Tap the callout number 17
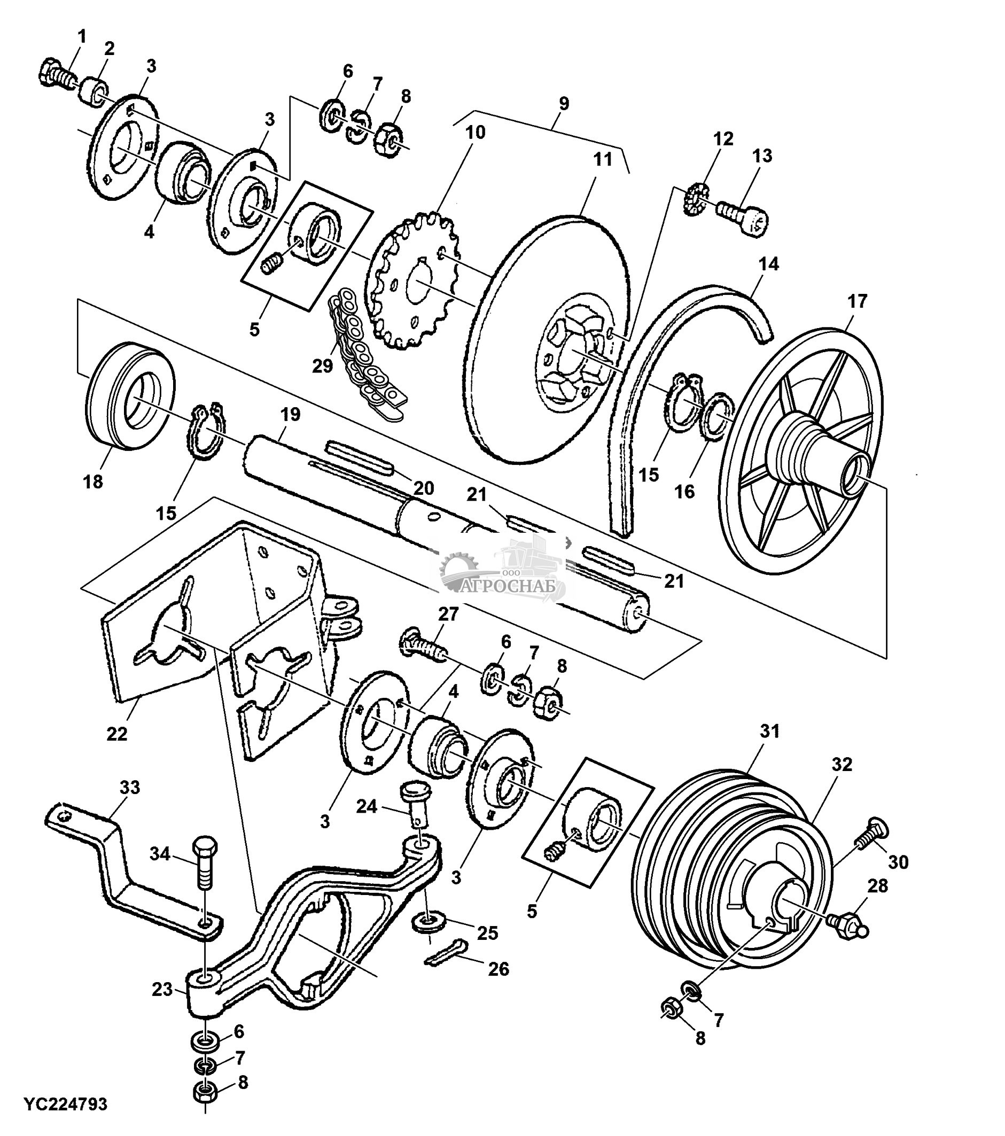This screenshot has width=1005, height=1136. coord(856,301)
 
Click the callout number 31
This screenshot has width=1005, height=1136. coord(770,732)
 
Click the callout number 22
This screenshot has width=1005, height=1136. coord(116,734)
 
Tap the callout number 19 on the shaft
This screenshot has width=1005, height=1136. coord(290,414)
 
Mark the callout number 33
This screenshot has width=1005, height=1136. coord(130,787)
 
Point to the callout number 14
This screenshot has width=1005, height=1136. coord(769,263)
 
